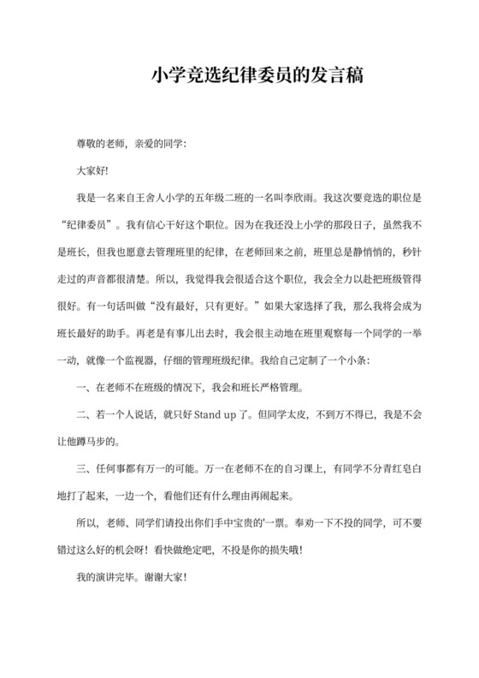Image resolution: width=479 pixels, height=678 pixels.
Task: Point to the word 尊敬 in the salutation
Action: point(88,142)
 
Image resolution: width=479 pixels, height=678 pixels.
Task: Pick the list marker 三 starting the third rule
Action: point(81,470)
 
